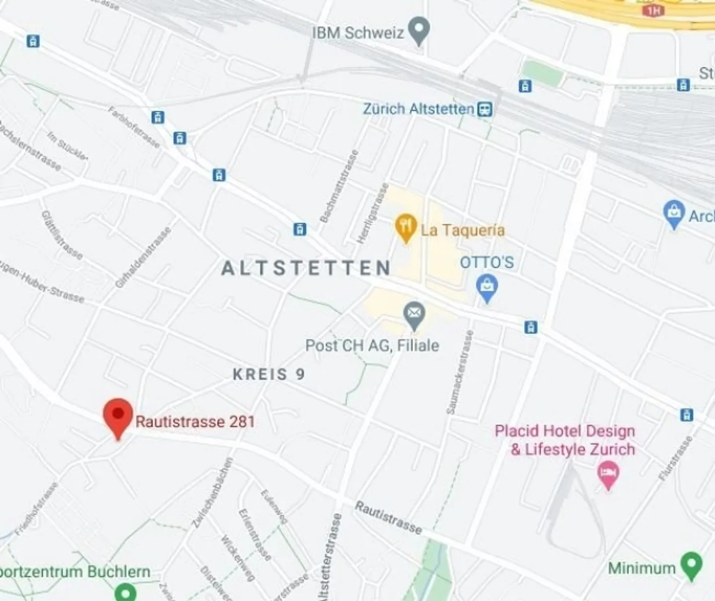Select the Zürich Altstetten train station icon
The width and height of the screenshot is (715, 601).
pyautogui.click(x=485, y=109)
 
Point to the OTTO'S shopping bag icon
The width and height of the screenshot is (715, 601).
pyautogui.click(x=487, y=287)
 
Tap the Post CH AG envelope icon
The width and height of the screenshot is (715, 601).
pyautogui.click(x=414, y=314)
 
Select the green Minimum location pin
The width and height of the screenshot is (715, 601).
pyautogui.click(x=691, y=565)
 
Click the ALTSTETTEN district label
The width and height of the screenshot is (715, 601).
pyautogui.click(x=306, y=268)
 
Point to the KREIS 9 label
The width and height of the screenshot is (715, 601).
pyautogui.click(x=269, y=374)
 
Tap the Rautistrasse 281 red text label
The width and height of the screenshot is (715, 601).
pyautogui.click(x=195, y=422)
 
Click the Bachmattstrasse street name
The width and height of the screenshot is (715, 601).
pyautogui.click(x=339, y=186)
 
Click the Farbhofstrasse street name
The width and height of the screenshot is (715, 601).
pyautogui.click(x=134, y=127)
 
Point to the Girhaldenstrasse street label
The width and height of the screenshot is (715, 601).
pyautogui.click(x=143, y=257)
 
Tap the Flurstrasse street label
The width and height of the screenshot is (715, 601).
pyautogui.click(x=675, y=458)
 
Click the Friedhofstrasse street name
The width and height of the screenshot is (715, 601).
pyautogui.click(x=37, y=509)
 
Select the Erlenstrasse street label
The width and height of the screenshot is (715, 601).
pyautogui.click(x=255, y=534)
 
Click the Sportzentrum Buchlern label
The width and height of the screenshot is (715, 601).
pyautogui.click(x=74, y=572)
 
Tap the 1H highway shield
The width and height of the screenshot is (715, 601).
pyautogui.click(x=653, y=10)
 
